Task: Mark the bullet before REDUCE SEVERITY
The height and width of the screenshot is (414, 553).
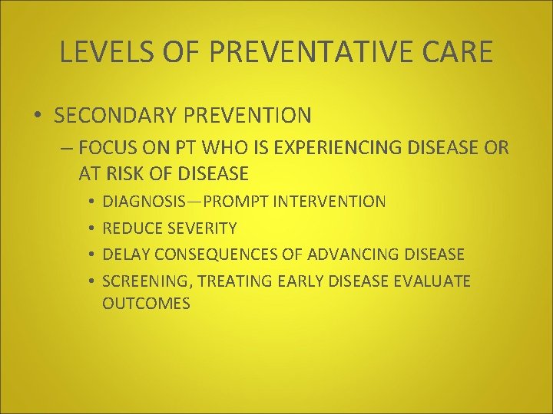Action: point(91,228)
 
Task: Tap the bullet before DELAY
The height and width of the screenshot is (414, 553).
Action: point(91,255)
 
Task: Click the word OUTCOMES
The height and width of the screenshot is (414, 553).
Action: point(146,304)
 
